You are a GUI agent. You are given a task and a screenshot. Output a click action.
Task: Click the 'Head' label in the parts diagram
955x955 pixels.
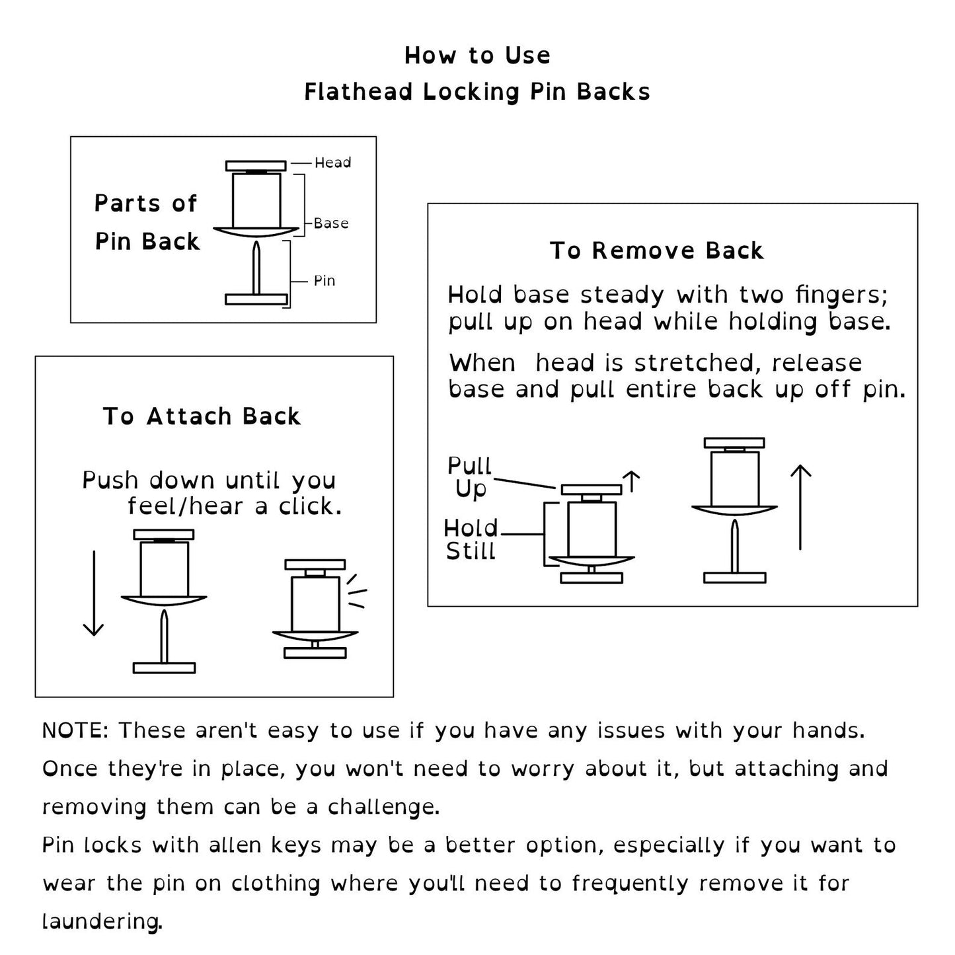click(332, 163)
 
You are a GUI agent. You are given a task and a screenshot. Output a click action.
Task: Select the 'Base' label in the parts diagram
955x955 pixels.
click(331, 223)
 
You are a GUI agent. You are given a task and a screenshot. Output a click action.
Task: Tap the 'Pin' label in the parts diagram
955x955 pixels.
click(324, 281)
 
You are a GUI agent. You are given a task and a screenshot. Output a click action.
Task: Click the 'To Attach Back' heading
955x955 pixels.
click(202, 416)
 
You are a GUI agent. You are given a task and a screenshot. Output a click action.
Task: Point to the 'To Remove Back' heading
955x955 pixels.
click(657, 251)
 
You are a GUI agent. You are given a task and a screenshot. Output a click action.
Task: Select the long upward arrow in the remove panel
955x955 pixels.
click(801, 508)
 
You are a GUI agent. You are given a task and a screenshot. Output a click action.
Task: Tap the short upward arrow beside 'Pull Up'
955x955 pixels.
click(632, 481)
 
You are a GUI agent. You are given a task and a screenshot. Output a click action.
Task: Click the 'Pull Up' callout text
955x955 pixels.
click(470, 477)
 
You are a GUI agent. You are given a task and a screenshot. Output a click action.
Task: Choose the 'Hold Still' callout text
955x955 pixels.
click(471, 539)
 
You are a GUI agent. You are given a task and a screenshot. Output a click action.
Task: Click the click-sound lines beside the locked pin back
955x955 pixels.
click(357, 591)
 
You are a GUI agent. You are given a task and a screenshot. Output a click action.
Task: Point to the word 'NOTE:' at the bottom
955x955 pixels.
click(75, 731)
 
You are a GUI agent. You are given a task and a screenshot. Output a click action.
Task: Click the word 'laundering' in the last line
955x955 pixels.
click(101, 921)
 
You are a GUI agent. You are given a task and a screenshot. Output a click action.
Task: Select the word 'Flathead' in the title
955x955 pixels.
click(359, 92)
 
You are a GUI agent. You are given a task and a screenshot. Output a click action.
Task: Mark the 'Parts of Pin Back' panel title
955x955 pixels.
click(146, 222)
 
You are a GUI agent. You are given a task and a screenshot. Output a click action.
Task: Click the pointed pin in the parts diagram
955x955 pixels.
click(256, 268)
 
